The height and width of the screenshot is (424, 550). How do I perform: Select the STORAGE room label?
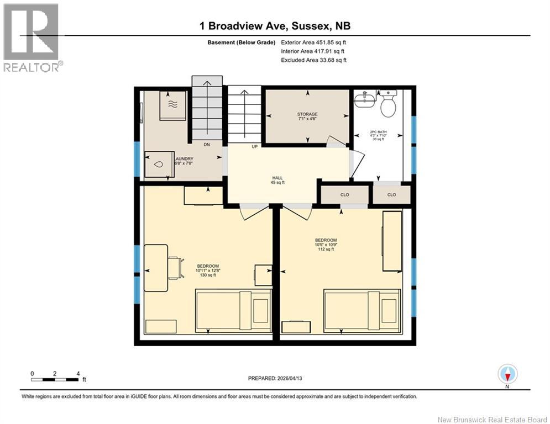[307, 117]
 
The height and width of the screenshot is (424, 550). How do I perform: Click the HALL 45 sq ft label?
[277, 180]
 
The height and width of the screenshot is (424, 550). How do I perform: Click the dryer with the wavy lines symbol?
[172, 105]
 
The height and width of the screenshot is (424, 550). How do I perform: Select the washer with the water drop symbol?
[158, 165]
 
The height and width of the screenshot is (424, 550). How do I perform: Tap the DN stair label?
[206, 145]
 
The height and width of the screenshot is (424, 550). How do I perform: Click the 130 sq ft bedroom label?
[208, 271]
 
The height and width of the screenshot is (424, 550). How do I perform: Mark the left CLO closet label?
[345, 195]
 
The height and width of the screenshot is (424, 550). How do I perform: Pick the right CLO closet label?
[391, 195]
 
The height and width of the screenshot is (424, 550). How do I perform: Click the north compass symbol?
[507, 374]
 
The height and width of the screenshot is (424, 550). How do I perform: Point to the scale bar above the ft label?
[55, 379]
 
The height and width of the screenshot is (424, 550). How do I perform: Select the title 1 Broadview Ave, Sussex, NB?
[274, 26]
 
